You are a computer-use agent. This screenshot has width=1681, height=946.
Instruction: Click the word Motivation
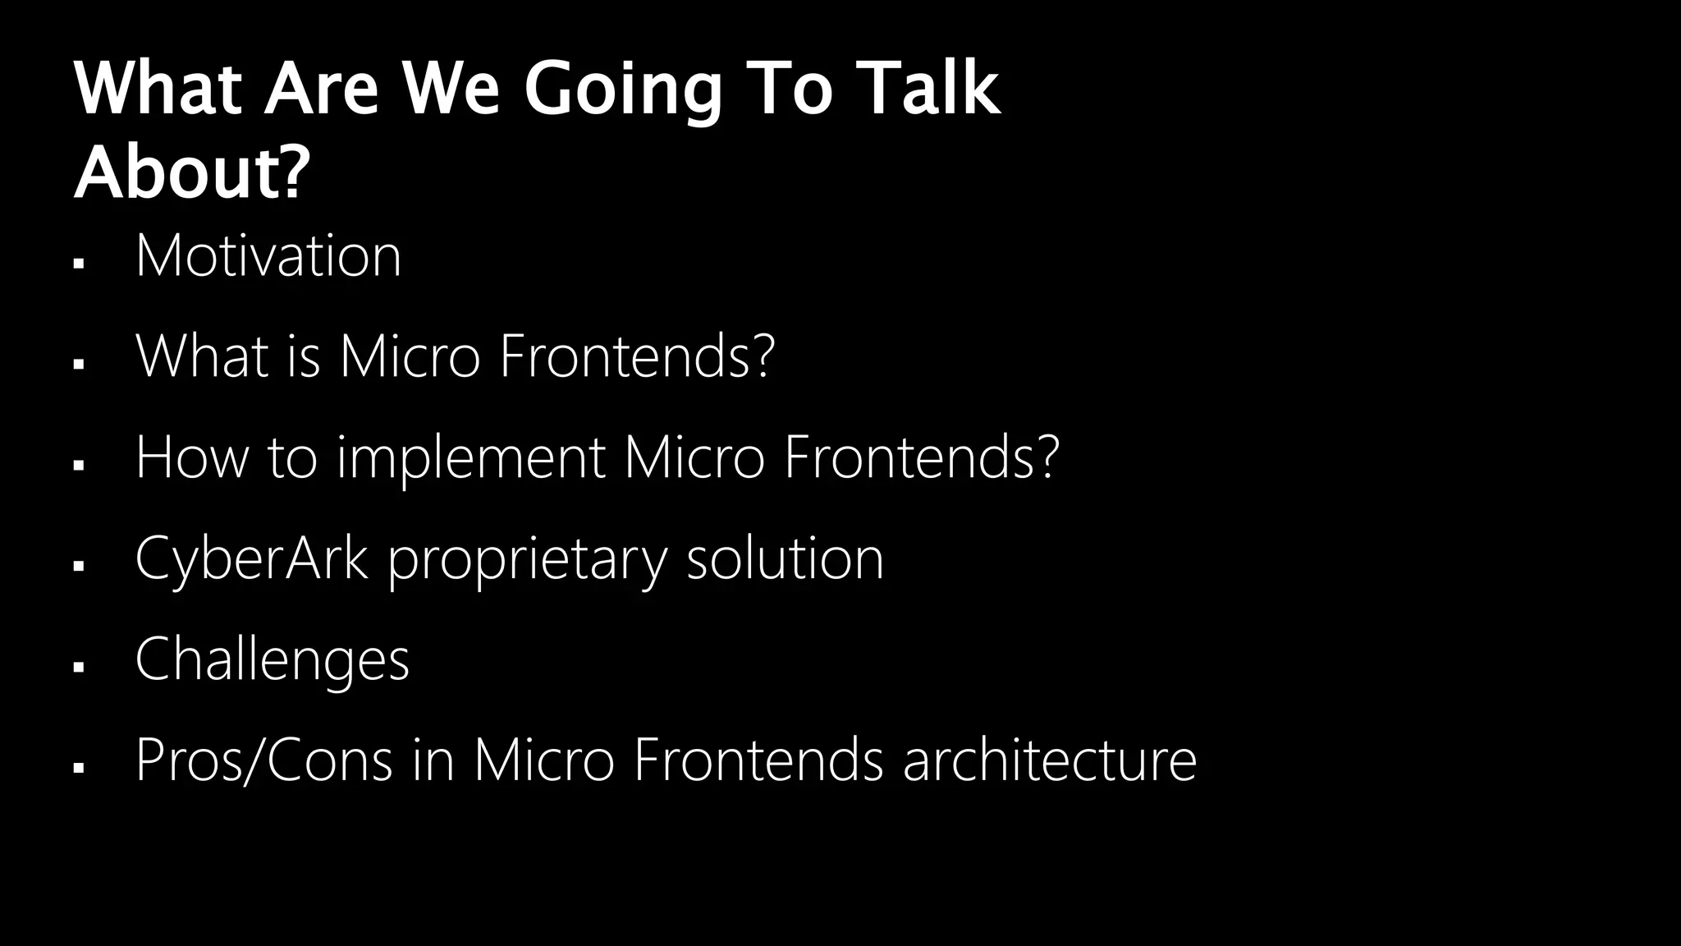[x=268, y=256]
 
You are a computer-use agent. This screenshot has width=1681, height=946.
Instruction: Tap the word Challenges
[x=272, y=659]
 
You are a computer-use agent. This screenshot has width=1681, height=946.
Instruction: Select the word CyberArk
[x=251, y=558]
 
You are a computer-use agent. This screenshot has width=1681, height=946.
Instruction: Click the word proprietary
[x=527, y=560]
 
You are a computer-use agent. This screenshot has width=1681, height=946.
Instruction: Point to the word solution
[x=785, y=558]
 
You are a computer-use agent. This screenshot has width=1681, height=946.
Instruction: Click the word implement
[x=470, y=458]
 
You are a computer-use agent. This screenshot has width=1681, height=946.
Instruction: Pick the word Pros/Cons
[x=263, y=760]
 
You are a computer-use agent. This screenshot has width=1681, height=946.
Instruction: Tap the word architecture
[x=1049, y=760]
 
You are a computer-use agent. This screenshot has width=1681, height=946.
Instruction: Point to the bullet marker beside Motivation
[x=79, y=264]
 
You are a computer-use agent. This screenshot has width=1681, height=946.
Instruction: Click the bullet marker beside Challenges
[x=79, y=667]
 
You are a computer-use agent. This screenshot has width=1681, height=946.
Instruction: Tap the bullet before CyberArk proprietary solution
[x=79, y=566]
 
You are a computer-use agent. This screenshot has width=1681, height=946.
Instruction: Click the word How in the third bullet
[x=191, y=457]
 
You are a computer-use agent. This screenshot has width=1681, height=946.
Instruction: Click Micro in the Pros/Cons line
[x=543, y=760]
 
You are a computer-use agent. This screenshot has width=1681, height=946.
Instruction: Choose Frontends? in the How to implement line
[x=921, y=457]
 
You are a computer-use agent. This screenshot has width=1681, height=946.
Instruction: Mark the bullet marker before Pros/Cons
[x=79, y=768]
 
